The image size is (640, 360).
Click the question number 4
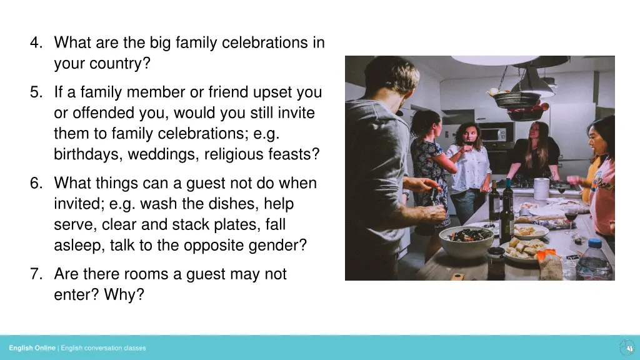click(x=35, y=43)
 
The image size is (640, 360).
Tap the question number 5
click(x=35, y=92)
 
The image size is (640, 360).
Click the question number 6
click(x=35, y=184)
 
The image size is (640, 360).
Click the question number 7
click(x=35, y=274)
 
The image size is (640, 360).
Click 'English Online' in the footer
click(x=32, y=348)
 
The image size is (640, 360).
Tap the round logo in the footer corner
click(x=626, y=347)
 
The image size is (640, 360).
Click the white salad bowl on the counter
click(x=466, y=241)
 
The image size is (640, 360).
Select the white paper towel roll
click(x=541, y=188)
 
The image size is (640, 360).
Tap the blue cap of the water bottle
click(x=594, y=242)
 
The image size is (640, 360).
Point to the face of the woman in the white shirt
click(x=467, y=135)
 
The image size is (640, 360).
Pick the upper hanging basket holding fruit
click(x=517, y=97)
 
